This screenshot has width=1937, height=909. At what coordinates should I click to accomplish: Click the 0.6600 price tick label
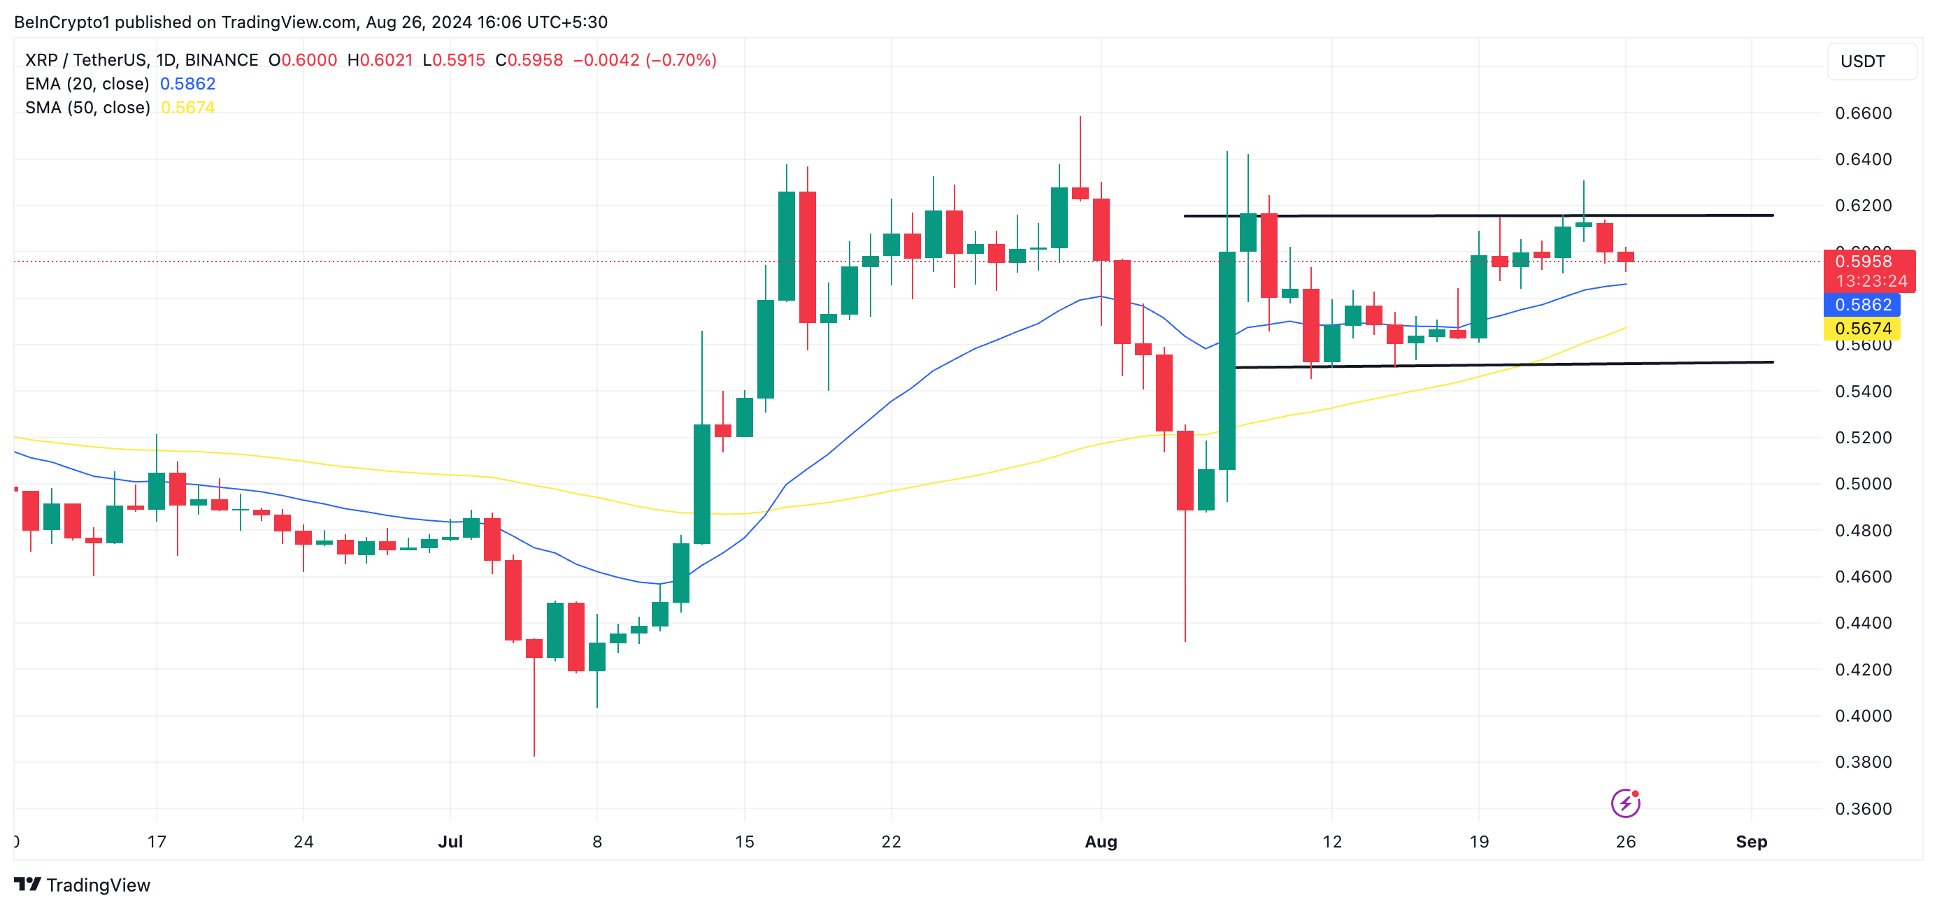click(1863, 113)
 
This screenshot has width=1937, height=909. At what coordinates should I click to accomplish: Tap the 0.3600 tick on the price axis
click(1863, 809)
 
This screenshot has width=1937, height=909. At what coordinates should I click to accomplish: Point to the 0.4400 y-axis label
click(1863, 623)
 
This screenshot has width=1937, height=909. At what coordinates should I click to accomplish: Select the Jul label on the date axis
click(450, 841)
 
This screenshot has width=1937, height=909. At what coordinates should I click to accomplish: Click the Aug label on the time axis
click(1100, 841)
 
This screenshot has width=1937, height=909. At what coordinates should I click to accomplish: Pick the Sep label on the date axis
click(1750, 841)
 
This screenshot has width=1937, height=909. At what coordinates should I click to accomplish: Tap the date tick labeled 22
click(891, 841)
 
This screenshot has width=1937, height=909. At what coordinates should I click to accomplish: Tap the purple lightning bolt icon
click(1625, 803)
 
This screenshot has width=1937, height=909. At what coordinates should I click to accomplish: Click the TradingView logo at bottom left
click(82, 885)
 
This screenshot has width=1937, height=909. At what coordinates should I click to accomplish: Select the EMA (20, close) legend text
click(87, 83)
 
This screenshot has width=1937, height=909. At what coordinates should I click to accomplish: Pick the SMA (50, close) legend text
click(87, 108)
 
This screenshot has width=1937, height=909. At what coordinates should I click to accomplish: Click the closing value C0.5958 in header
click(529, 60)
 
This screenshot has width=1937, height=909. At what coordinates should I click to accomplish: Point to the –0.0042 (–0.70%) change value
click(645, 60)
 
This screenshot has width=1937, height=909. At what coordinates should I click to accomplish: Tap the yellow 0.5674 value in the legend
click(187, 108)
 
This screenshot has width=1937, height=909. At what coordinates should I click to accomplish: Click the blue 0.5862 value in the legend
click(187, 83)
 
